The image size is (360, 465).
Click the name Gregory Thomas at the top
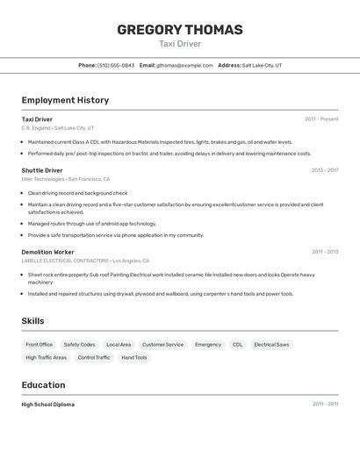click(180, 30)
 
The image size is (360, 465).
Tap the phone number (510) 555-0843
click(116, 65)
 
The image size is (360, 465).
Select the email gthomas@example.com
click(184, 65)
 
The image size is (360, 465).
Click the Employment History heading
click(65, 100)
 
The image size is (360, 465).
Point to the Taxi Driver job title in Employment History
click(37, 119)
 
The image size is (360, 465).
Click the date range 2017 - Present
click(321, 119)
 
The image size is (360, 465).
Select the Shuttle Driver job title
click(42, 170)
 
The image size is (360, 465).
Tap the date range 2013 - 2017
click(325, 170)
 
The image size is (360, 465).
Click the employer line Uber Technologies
click(43, 179)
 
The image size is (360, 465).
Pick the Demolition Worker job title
click(49, 252)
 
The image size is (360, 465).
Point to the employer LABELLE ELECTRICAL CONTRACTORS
click(65, 261)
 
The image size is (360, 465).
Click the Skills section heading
click(32, 321)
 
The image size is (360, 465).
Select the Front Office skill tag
click(40, 345)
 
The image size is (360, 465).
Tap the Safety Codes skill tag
click(79, 345)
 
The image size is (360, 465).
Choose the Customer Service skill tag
click(162, 345)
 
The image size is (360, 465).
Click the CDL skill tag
click(237, 345)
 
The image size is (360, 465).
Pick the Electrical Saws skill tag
click(271, 345)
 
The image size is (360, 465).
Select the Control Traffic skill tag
click(94, 358)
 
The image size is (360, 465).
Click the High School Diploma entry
click(48, 404)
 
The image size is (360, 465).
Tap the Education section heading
click(43, 385)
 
